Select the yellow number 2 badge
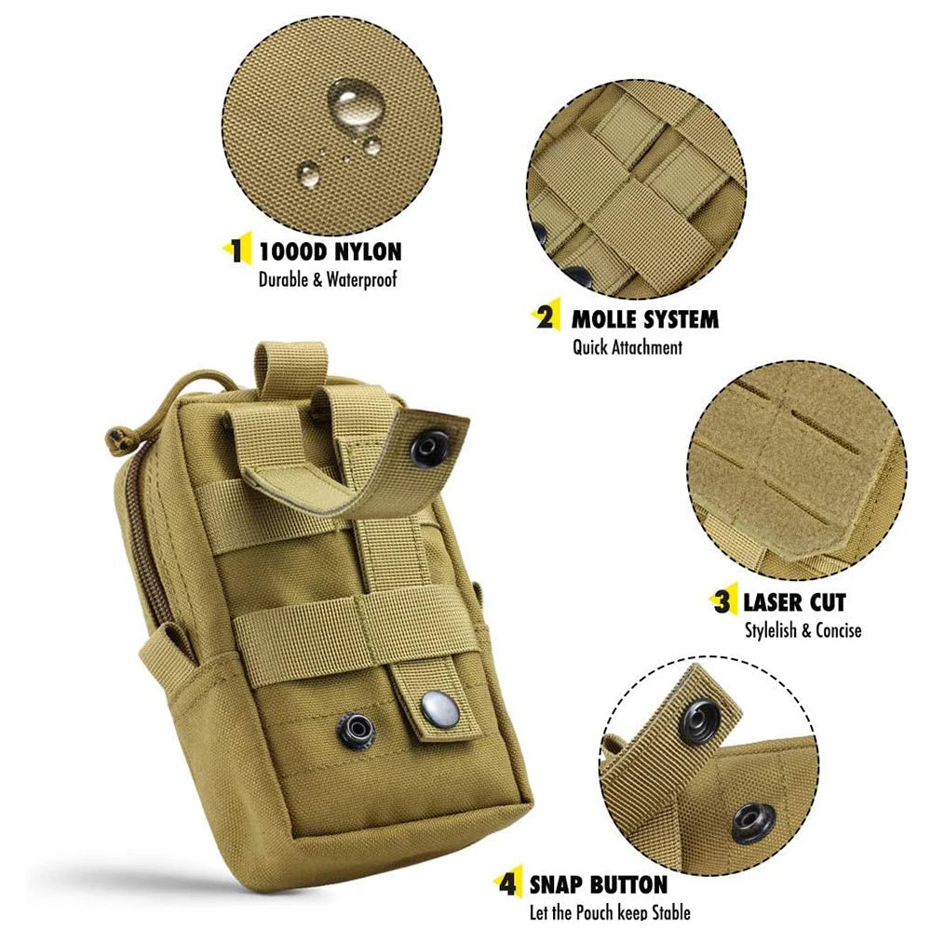[x=545, y=318]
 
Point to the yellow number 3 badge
[x=722, y=601]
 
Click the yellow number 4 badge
[x=506, y=883]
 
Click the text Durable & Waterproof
[x=327, y=278]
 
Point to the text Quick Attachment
[x=627, y=347]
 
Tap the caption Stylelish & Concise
[x=803, y=630]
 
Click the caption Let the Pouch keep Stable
[x=609, y=912]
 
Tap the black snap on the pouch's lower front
[x=356, y=727]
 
